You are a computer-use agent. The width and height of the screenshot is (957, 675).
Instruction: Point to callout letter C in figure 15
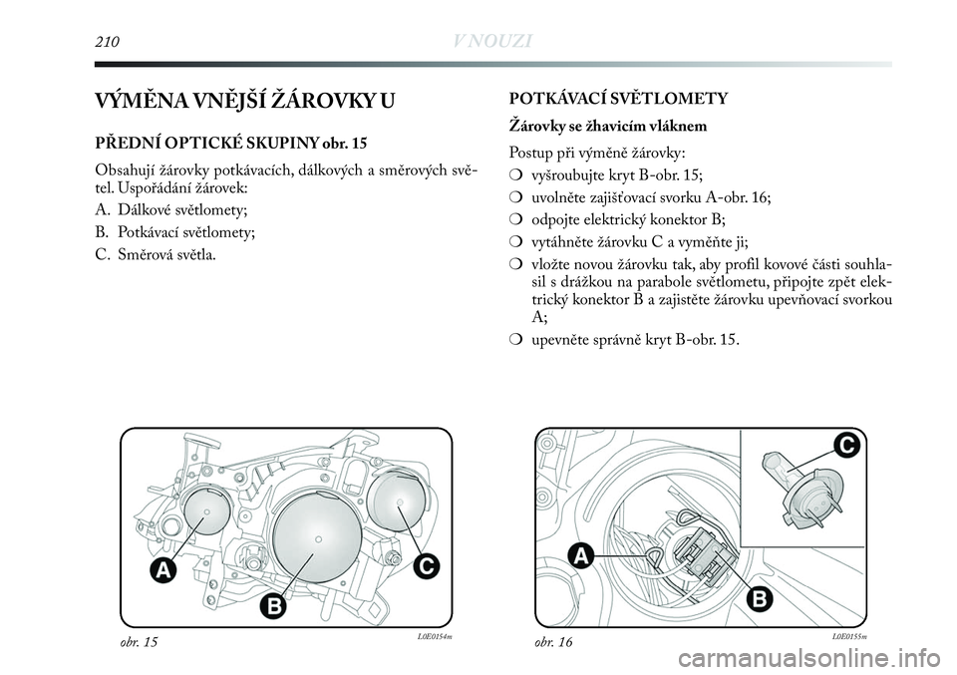426,566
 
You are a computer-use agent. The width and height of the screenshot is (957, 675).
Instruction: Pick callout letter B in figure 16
759,598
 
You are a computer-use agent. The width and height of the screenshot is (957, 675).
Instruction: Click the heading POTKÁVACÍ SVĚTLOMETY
618,99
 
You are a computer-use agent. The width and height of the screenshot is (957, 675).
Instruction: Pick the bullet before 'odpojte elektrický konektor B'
515,219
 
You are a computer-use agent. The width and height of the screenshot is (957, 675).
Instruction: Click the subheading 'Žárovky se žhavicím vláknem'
609,126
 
